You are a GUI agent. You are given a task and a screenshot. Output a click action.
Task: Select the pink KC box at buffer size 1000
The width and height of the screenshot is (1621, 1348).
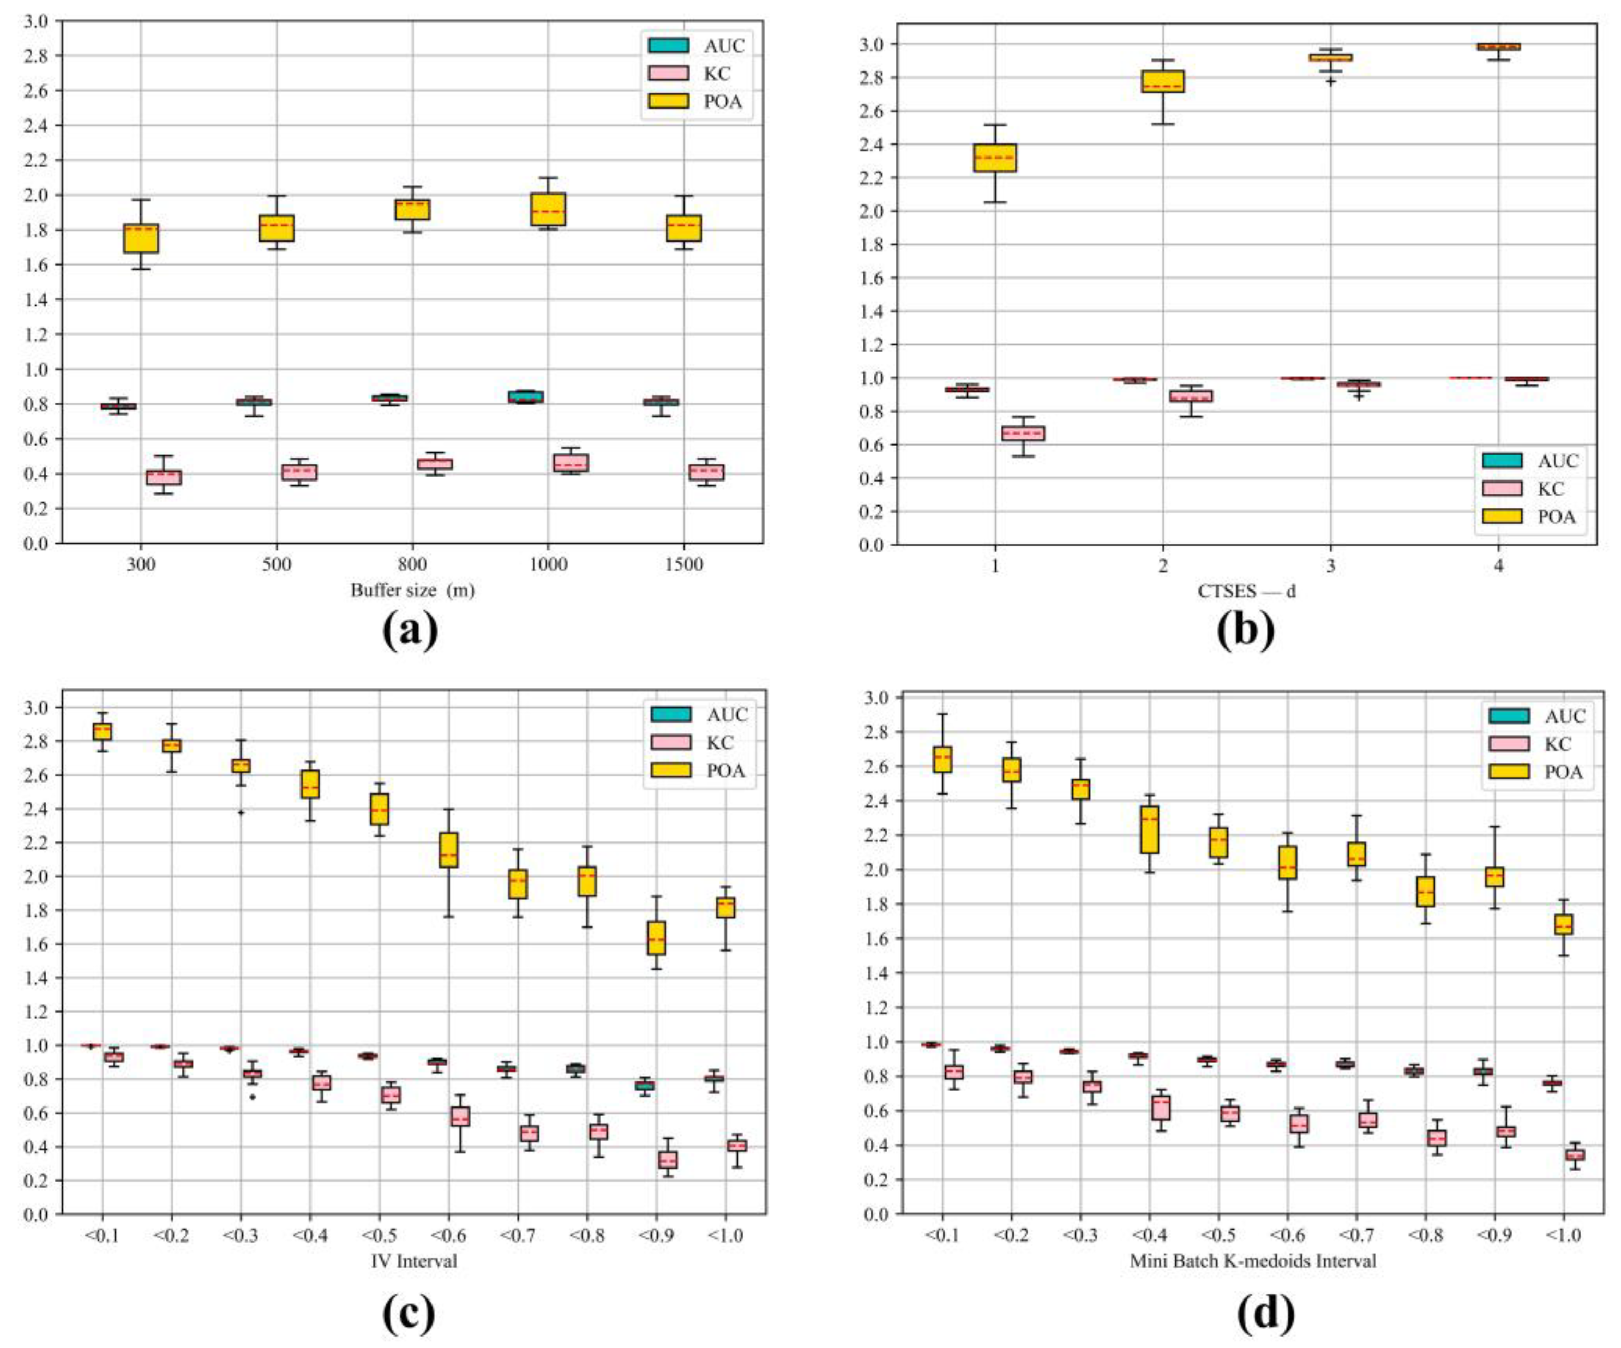coord(570,462)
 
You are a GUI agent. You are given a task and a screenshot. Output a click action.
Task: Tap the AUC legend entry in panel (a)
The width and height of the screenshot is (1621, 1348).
coord(697,45)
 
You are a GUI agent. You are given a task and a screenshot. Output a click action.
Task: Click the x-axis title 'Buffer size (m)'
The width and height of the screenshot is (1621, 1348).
coord(412,591)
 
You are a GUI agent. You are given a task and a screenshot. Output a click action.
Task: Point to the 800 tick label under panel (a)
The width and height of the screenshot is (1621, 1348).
coord(412,564)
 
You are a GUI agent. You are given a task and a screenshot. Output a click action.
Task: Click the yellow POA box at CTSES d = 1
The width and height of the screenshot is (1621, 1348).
coord(995,158)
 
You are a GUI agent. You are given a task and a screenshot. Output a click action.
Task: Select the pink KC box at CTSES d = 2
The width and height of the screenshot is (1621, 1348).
coord(1191,396)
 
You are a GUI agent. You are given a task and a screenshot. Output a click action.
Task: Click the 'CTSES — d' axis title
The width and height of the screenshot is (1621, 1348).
coord(1246,591)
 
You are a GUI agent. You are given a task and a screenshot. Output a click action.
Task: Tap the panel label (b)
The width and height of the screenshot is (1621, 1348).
coord(1246,630)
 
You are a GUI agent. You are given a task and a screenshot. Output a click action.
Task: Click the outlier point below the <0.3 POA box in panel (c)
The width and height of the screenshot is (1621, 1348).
coord(241,812)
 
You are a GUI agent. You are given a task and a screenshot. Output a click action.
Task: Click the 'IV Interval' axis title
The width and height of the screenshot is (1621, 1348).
coord(415,1261)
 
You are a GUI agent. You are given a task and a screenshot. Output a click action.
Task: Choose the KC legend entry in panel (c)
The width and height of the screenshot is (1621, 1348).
coord(699,742)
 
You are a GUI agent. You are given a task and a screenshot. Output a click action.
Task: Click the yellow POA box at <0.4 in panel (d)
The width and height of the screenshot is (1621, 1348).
coord(1149,829)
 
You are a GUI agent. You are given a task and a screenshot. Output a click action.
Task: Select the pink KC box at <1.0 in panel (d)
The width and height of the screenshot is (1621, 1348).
coord(1575,1155)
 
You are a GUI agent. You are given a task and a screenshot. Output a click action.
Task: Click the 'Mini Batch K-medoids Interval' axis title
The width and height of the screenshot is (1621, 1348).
coord(1253,1261)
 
